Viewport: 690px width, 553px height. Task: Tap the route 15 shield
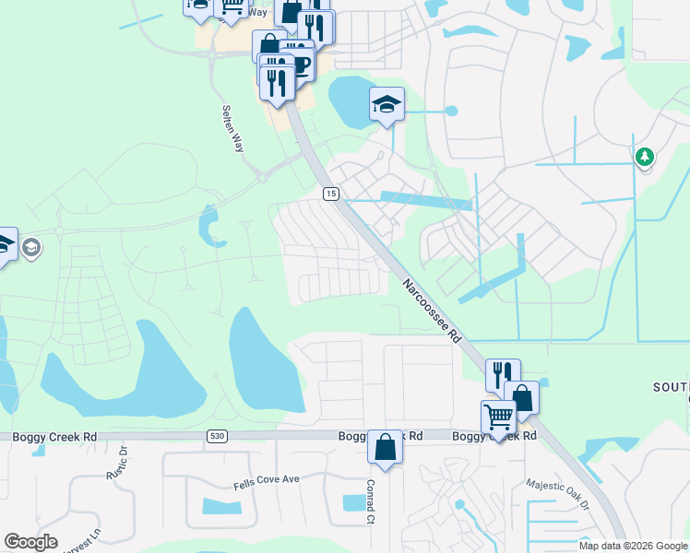pos(330,193)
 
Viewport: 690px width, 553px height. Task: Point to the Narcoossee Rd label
pos(431,312)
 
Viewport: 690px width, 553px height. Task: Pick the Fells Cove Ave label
pos(268,479)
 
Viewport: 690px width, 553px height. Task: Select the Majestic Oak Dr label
pos(556,494)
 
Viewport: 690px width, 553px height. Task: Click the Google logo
pos(30,542)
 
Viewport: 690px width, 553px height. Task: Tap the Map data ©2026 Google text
pos(633,546)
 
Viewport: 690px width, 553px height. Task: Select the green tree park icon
pos(644,158)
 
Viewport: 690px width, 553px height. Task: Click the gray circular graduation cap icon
pos(30,247)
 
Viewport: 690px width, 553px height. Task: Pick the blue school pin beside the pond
pos(387,103)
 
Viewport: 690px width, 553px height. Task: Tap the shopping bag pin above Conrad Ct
pos(385,448)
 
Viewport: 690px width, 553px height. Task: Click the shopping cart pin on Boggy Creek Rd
pos(498,417)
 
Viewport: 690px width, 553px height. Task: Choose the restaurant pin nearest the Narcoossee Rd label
pos(503,374)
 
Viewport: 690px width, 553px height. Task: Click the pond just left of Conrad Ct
pos(353,502)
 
